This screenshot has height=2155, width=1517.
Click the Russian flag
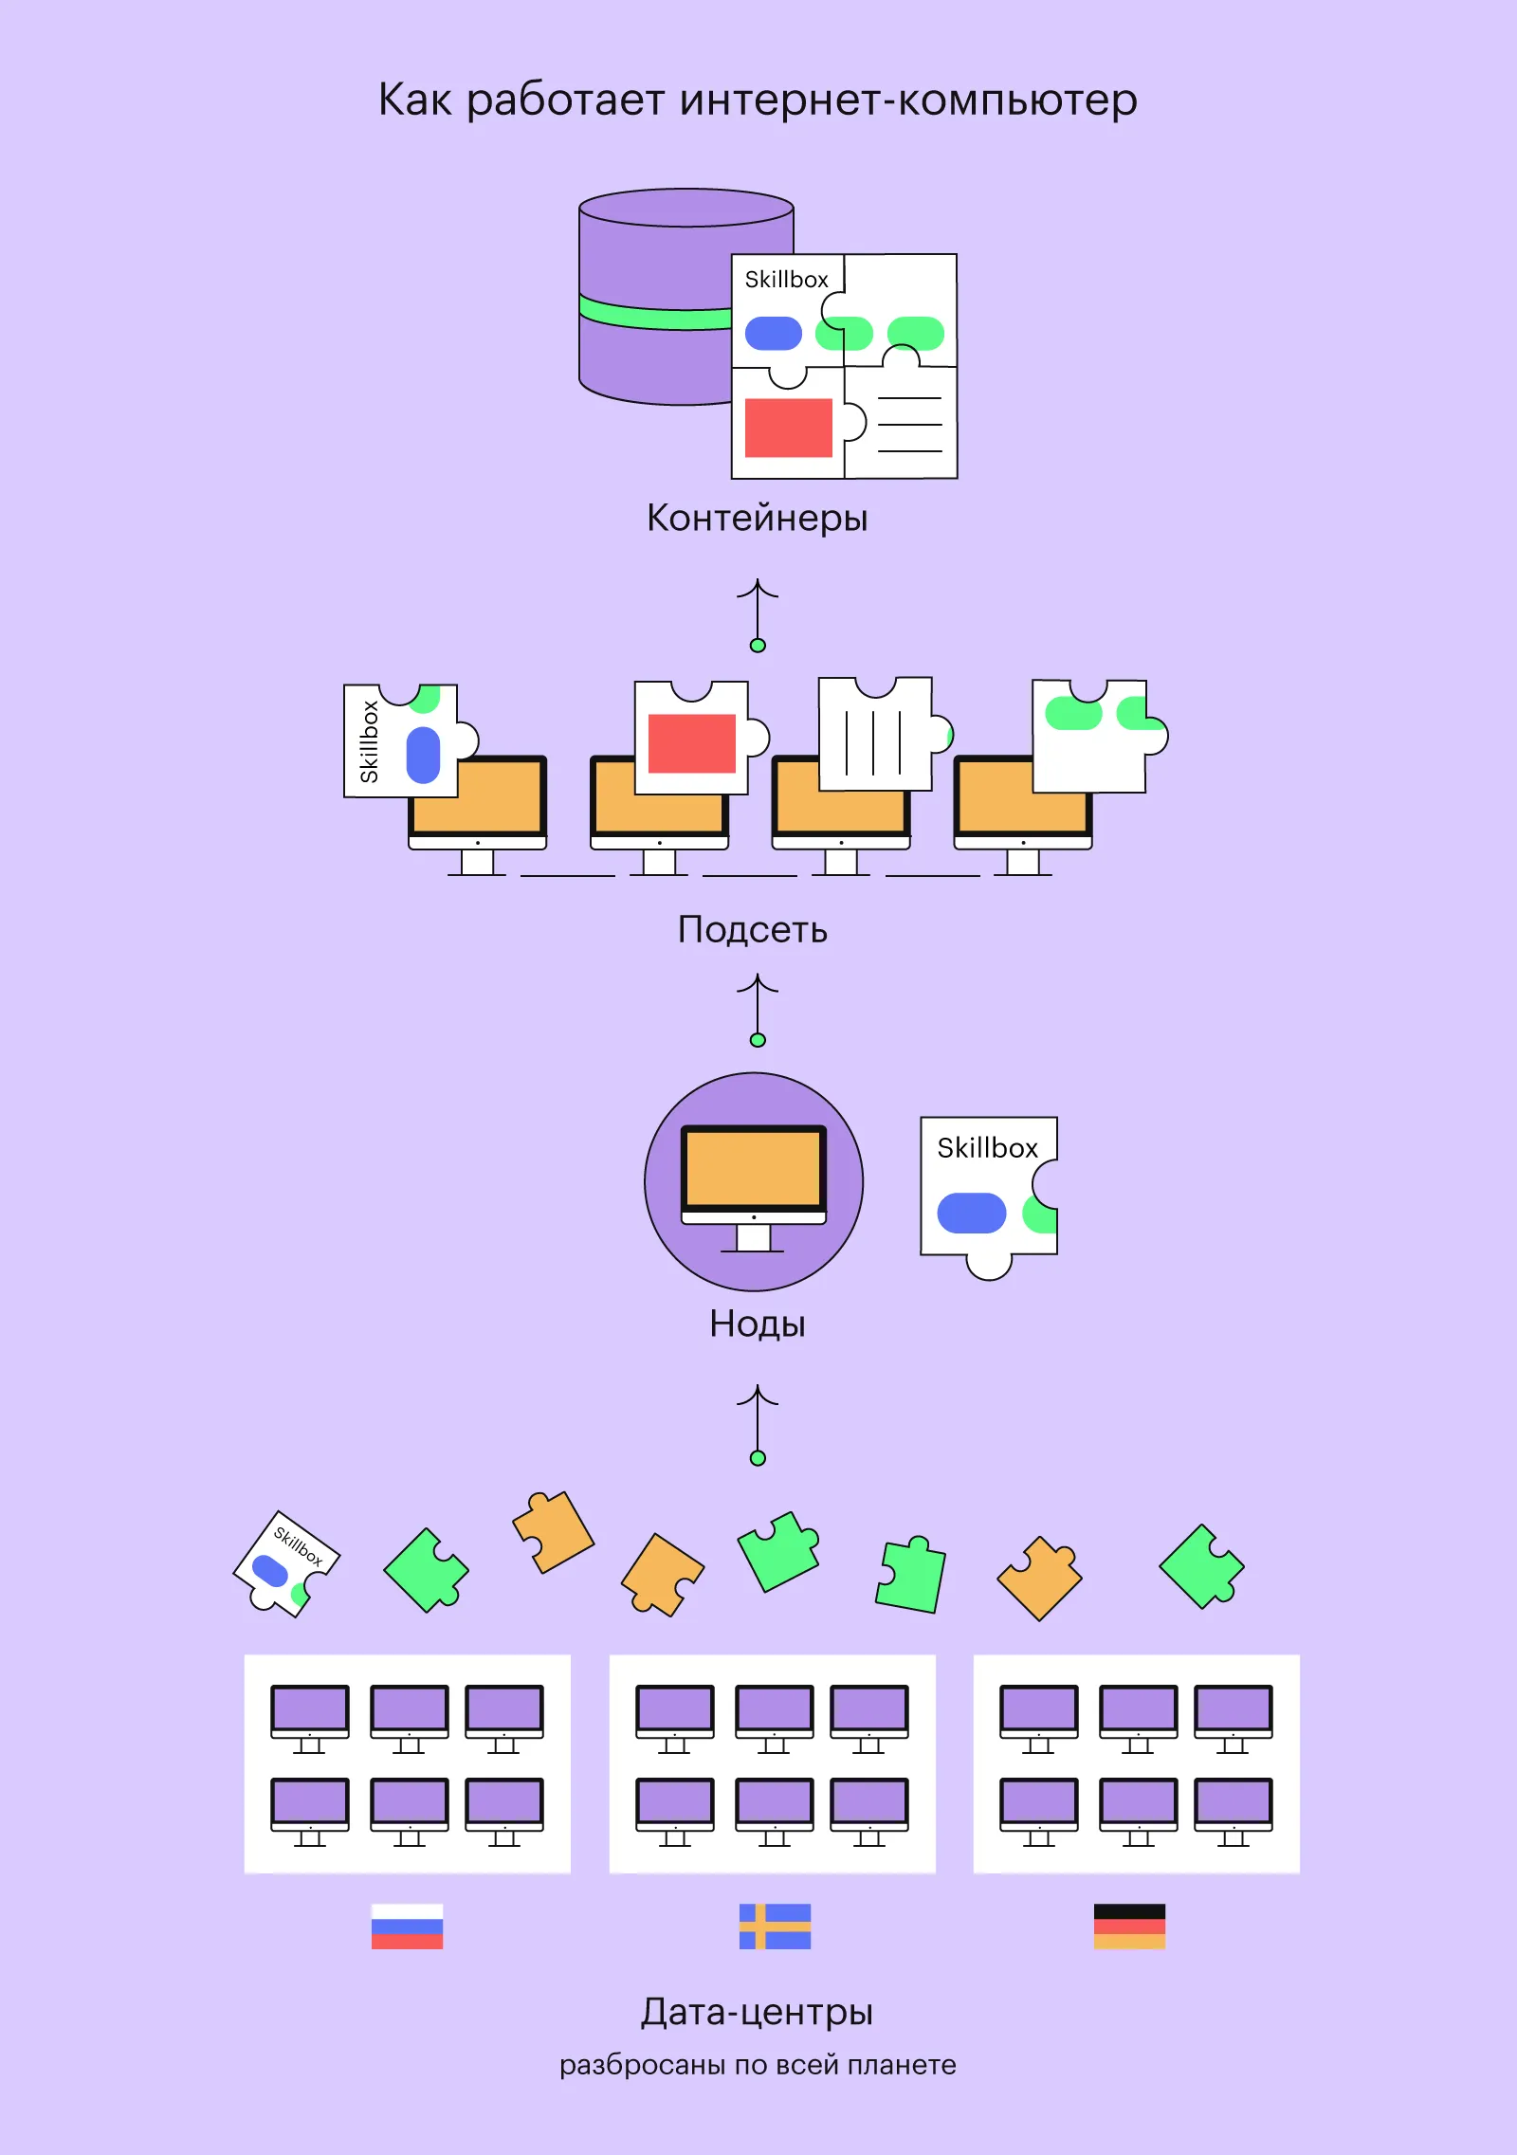tap(407, 1926)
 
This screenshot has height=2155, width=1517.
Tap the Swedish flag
tap(775, 1926)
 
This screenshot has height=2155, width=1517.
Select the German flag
tap(1129, 1926)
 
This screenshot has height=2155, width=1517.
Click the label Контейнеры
tap(757, 519)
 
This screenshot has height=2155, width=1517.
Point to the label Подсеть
tap(752, 930)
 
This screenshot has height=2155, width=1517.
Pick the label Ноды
tap(757, 1324)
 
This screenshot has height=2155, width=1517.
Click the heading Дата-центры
tap(757, 2011)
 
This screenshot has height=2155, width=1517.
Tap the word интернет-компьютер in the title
tap(908, 100)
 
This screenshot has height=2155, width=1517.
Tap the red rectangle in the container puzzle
tap(788, 428)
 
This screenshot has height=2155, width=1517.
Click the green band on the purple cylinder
tap(654, 313)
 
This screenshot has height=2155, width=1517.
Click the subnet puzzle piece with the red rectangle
tap(692, 740)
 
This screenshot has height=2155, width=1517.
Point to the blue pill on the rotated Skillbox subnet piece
tap(423, 755)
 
